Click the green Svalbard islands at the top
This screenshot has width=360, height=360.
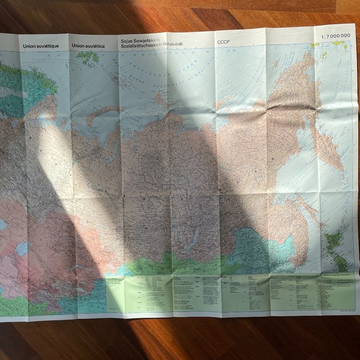click(87, 56)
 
